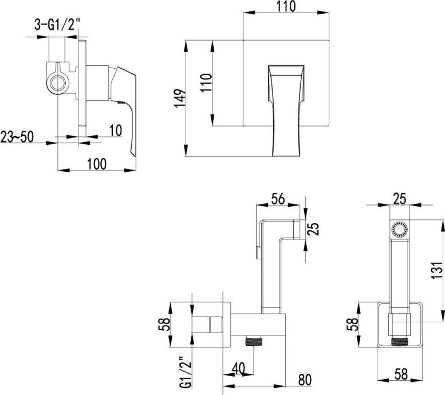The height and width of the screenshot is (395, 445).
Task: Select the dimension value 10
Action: [115, 131]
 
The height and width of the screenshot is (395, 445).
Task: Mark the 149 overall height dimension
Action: [180, 98]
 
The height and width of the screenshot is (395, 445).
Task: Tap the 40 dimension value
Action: [239, 368]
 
